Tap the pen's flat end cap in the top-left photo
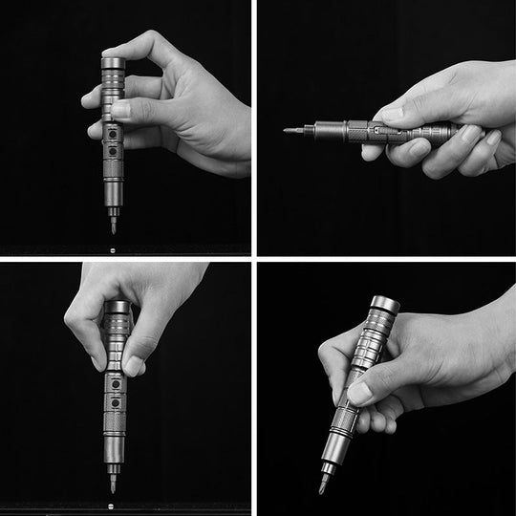pos(113,61)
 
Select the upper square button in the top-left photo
pos(113,133)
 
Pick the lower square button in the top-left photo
pos(113,151)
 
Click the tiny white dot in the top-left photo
pos(113,250)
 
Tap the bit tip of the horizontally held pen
pos(287,129)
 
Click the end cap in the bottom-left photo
pos(117,305)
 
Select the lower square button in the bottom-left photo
pos(115,401)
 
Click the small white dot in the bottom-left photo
pos(113,490)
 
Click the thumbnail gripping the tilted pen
pos(359,392)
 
